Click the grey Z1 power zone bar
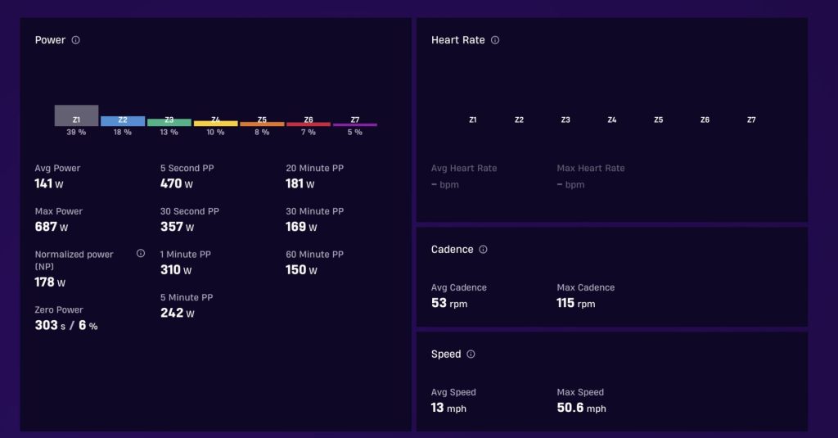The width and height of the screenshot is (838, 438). [76, 115]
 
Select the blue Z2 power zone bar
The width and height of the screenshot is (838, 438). [123, 121]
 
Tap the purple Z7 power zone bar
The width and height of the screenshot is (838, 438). [355, 124]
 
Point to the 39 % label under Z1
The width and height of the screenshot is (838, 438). [76, 132]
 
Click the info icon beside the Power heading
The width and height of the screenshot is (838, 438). [76, 40]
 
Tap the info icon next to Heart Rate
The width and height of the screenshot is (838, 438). [495, 40]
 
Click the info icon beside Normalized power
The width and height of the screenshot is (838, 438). [141, 254]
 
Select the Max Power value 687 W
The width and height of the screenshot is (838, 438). [52, 227]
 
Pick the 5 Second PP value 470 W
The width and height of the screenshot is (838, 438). [177, 183]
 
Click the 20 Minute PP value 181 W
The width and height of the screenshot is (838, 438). [300, 183]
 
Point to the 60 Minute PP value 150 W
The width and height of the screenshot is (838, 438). [301, 269]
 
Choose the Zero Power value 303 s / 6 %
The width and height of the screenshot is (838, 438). [66, 325]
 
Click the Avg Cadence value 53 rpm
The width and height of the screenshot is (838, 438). [449, 303]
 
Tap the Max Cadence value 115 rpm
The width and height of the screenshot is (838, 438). [576, 303]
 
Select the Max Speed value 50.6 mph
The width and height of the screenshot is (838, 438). [582, 408]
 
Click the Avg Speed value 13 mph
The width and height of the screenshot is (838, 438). [449, 408]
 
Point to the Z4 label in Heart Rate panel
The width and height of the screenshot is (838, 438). [612, 120]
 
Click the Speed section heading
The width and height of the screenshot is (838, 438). [446, 354]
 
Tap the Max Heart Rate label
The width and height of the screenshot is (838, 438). [591, 168]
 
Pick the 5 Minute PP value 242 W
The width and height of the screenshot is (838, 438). [178, 313]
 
